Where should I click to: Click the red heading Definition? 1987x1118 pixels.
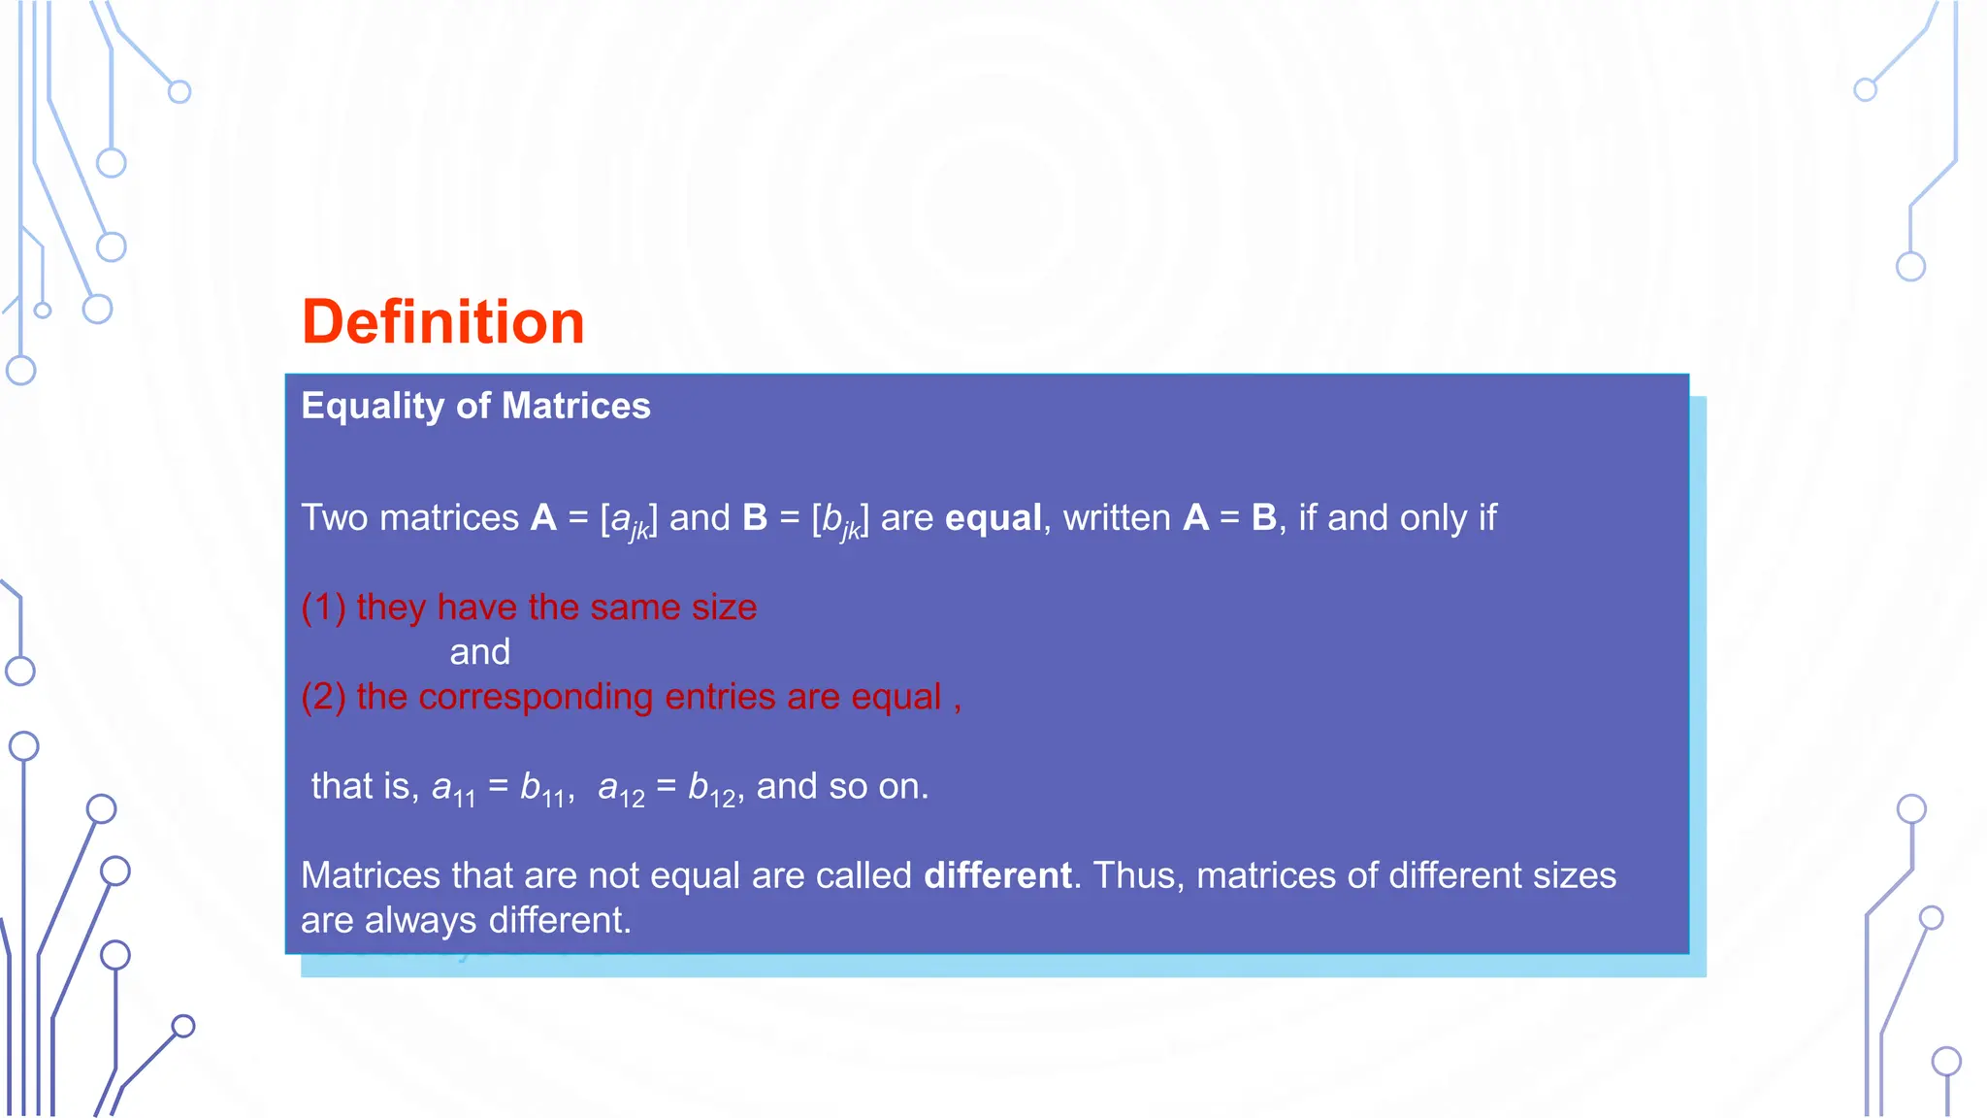point(443,322)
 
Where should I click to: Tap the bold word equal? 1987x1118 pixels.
point(993,518)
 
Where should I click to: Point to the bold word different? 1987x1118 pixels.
point(997,875)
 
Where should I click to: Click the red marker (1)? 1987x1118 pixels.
point(323,608)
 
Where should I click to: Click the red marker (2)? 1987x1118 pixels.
point(323,697)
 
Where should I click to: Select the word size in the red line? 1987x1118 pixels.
point(724,608)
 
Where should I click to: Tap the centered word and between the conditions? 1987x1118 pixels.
point(480,652)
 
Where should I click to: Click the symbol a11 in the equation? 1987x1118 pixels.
point(453,788)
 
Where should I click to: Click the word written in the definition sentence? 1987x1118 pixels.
point(1117,518)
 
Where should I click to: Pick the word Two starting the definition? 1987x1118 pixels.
point(335,518)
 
